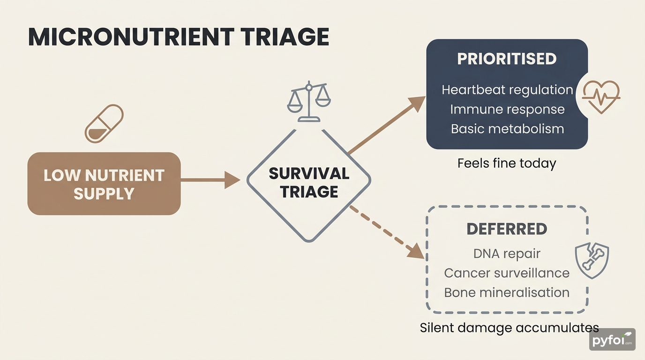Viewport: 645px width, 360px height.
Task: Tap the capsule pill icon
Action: point(104,124)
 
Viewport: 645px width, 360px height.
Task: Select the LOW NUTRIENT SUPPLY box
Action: point(104,184)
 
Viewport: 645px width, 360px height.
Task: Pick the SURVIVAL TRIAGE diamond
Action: point(308,183)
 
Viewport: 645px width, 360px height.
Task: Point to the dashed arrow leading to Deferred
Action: point(387,232)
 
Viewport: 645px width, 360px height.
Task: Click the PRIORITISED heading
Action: point(507,59)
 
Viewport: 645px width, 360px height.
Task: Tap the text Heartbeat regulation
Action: point(507,90)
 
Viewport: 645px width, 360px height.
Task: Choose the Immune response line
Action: point(507,109)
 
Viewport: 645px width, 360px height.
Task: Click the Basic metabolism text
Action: point(507,128)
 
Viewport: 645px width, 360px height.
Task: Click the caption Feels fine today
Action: point(507,164)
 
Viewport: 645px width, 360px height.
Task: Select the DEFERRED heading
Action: point(507,229)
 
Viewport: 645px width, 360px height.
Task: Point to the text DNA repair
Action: point(507,254)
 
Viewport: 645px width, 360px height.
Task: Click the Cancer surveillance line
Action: point(507,273)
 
